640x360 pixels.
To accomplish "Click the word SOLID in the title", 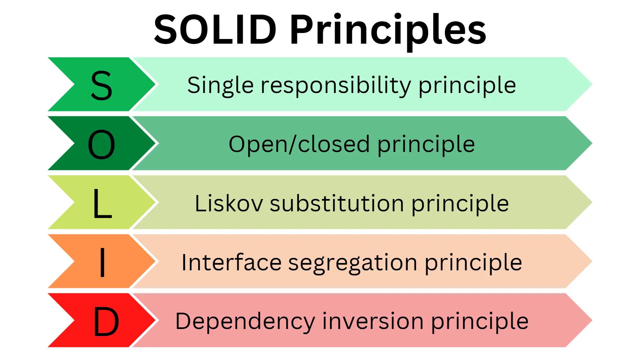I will tap(215, 30).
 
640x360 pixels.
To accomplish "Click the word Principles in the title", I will tap(388, 31).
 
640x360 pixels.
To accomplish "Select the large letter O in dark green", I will tap(101, 144).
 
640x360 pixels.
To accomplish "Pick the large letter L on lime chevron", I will tap(102, 203).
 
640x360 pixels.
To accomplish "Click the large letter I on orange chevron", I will tap(102, 262).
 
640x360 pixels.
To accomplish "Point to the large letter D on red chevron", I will tap(106, 321).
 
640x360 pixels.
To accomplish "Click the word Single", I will tap(220, 86).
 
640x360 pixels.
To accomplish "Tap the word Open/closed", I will tap(299, 144).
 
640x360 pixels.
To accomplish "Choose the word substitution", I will tap(337, 203).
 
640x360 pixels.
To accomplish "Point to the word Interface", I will tap(231, 262).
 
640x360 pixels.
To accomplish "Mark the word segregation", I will tap(352, 263).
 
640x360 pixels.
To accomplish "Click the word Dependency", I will tap(245, 322).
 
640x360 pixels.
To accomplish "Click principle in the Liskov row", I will tap(460, 204).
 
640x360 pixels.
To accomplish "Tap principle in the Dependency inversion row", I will tap(480, 322).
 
